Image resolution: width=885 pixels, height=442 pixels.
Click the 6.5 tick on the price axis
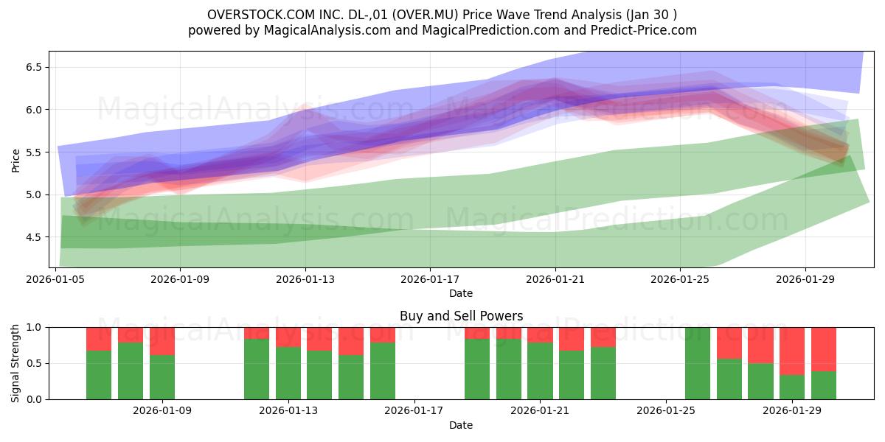[34, 67]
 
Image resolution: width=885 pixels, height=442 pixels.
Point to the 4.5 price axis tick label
[34, 237]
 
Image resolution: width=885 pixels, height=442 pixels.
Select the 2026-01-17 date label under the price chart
[430, 279]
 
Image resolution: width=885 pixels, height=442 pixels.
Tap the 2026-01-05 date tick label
[55, 279]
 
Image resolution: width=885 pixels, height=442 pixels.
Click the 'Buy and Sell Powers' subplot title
[461, 316]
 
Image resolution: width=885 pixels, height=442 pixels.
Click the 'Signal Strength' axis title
[15, 363]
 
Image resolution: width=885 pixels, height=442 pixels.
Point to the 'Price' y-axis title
[15, 161]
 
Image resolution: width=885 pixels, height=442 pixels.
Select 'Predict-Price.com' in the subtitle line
[644, 30]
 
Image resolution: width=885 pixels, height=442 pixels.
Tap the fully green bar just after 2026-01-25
[698, 363]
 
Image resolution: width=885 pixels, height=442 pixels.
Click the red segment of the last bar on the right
[824, 349]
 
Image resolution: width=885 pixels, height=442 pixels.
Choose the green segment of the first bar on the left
[99, 375]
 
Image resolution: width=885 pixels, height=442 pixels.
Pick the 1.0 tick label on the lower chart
[34, 328]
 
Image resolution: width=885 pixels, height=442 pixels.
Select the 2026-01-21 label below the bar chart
[540, 411]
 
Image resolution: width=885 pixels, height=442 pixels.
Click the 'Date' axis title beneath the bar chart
[461, 425]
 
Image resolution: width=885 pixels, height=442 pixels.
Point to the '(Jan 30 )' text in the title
[651, 15]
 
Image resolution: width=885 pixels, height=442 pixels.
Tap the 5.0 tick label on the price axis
[34, 194]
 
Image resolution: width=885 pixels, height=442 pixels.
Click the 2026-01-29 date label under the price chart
[805, 279]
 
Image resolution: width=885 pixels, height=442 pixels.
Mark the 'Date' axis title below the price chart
[461, 293]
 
